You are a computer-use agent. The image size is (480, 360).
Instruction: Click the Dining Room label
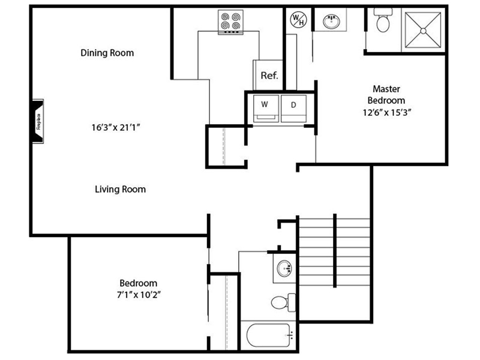click(107, 53)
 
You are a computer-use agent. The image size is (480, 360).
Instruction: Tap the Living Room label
click(121, 189)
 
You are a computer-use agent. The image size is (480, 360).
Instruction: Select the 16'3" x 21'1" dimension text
click(116, 127)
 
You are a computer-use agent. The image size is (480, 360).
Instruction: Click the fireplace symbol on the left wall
click(38, 121)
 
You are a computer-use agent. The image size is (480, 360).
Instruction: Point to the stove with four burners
click(230, 22)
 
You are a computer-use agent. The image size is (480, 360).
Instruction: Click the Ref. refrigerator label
click(269, 76)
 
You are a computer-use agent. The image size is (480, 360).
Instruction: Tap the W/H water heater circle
click(298, 20)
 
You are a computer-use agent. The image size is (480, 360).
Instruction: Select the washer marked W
click(266, 109)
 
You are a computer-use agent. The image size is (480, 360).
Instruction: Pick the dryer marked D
click(293, 109)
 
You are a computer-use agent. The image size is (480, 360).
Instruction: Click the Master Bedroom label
click(386, 95)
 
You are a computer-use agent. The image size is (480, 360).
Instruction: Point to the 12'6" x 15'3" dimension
click(386, 112)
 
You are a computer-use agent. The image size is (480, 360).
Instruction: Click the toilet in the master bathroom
click(383, 20)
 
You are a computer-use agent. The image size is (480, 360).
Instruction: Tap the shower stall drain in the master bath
click(423, 31)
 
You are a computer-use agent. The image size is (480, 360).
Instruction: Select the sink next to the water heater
click(331, 22)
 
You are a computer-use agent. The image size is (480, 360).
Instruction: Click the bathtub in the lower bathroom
click(269, 335)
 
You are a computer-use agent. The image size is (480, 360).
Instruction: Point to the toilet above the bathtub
click(283, 302)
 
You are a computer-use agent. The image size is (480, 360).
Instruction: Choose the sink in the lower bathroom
click(284, 268)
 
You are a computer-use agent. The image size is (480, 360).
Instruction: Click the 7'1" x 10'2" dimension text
click(139, 295)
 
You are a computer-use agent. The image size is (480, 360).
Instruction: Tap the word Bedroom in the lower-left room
click(139, 283)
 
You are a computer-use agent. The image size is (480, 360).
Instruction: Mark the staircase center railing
click(335, 251)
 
